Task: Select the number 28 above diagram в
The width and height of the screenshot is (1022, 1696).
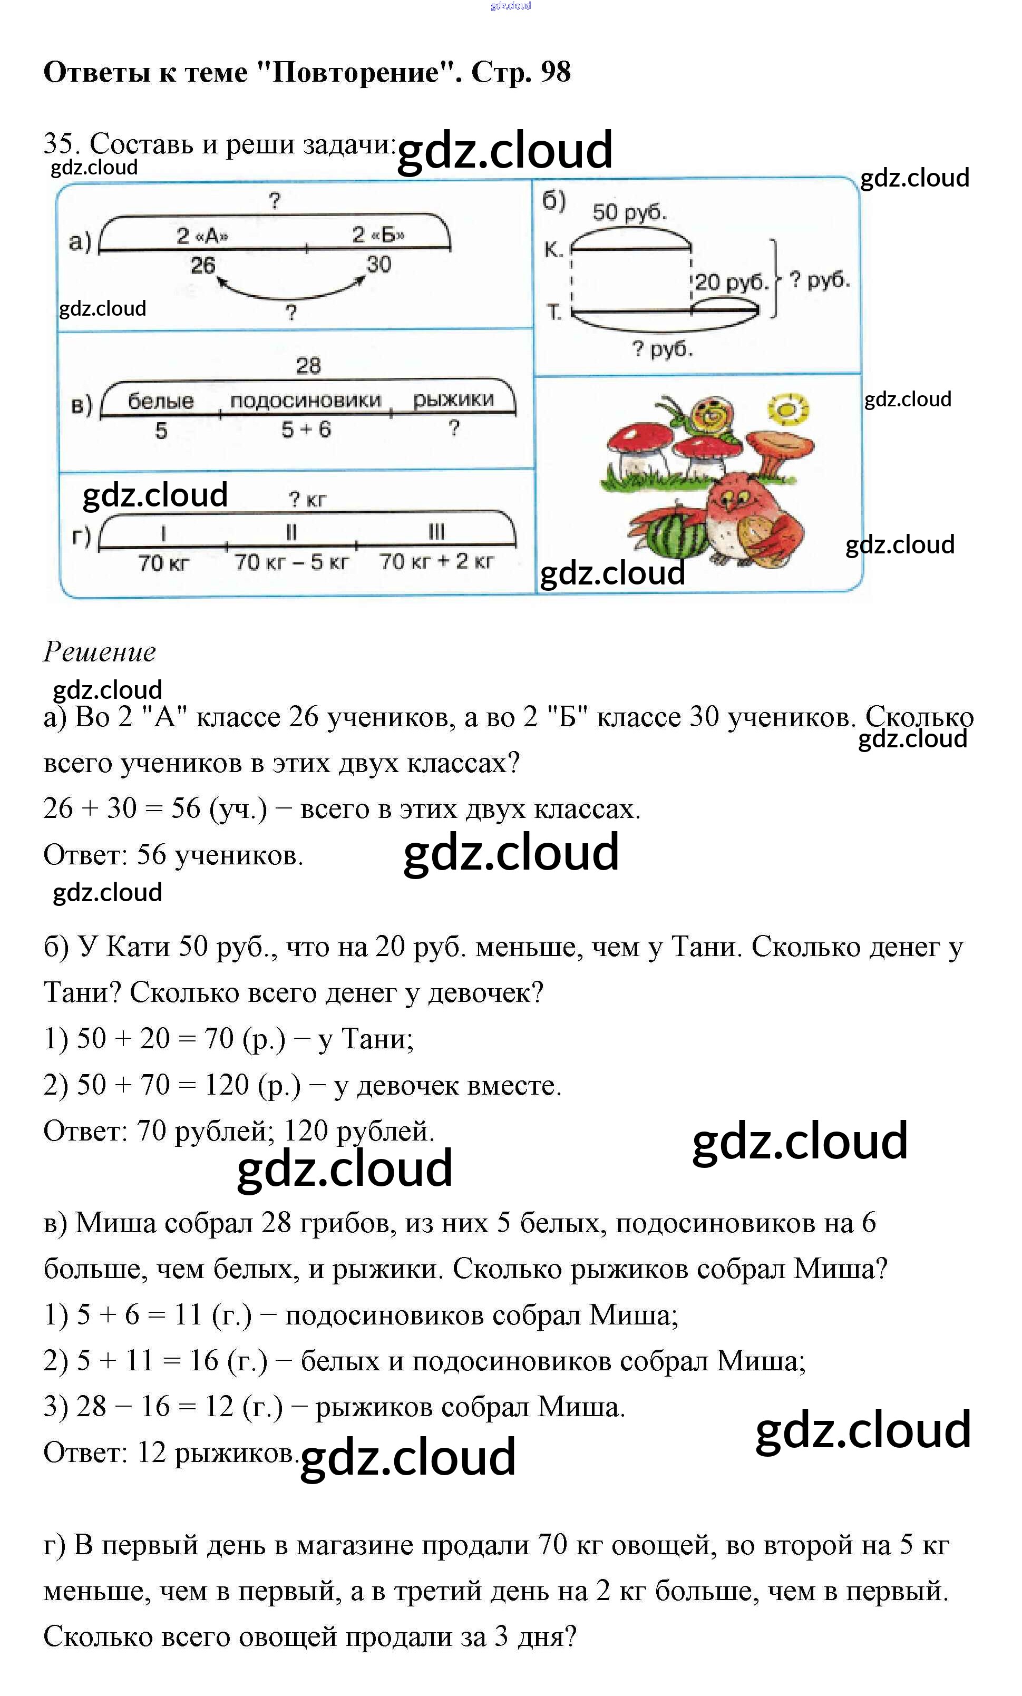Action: [308, 365]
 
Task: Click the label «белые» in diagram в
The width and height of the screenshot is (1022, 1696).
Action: [161, 401]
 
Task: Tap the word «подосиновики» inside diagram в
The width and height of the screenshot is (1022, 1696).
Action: [306, 401]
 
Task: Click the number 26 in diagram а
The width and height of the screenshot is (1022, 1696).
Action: [203, 265]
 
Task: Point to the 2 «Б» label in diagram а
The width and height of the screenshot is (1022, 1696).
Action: [378, 236]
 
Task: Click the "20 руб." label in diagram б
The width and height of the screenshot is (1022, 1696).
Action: [730, 282]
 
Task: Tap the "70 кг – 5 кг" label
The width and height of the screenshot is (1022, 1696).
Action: [292, 562]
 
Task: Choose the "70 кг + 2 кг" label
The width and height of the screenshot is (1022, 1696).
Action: [436, 562]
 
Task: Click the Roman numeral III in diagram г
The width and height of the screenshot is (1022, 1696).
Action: [436, 531]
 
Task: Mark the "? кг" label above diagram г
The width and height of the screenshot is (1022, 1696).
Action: [307, 500]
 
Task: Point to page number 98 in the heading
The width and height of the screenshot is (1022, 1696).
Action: [556, 72]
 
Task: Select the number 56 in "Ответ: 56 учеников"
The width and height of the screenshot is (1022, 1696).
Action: [151, 855]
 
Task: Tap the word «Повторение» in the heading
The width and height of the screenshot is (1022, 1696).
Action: [356, 72]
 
